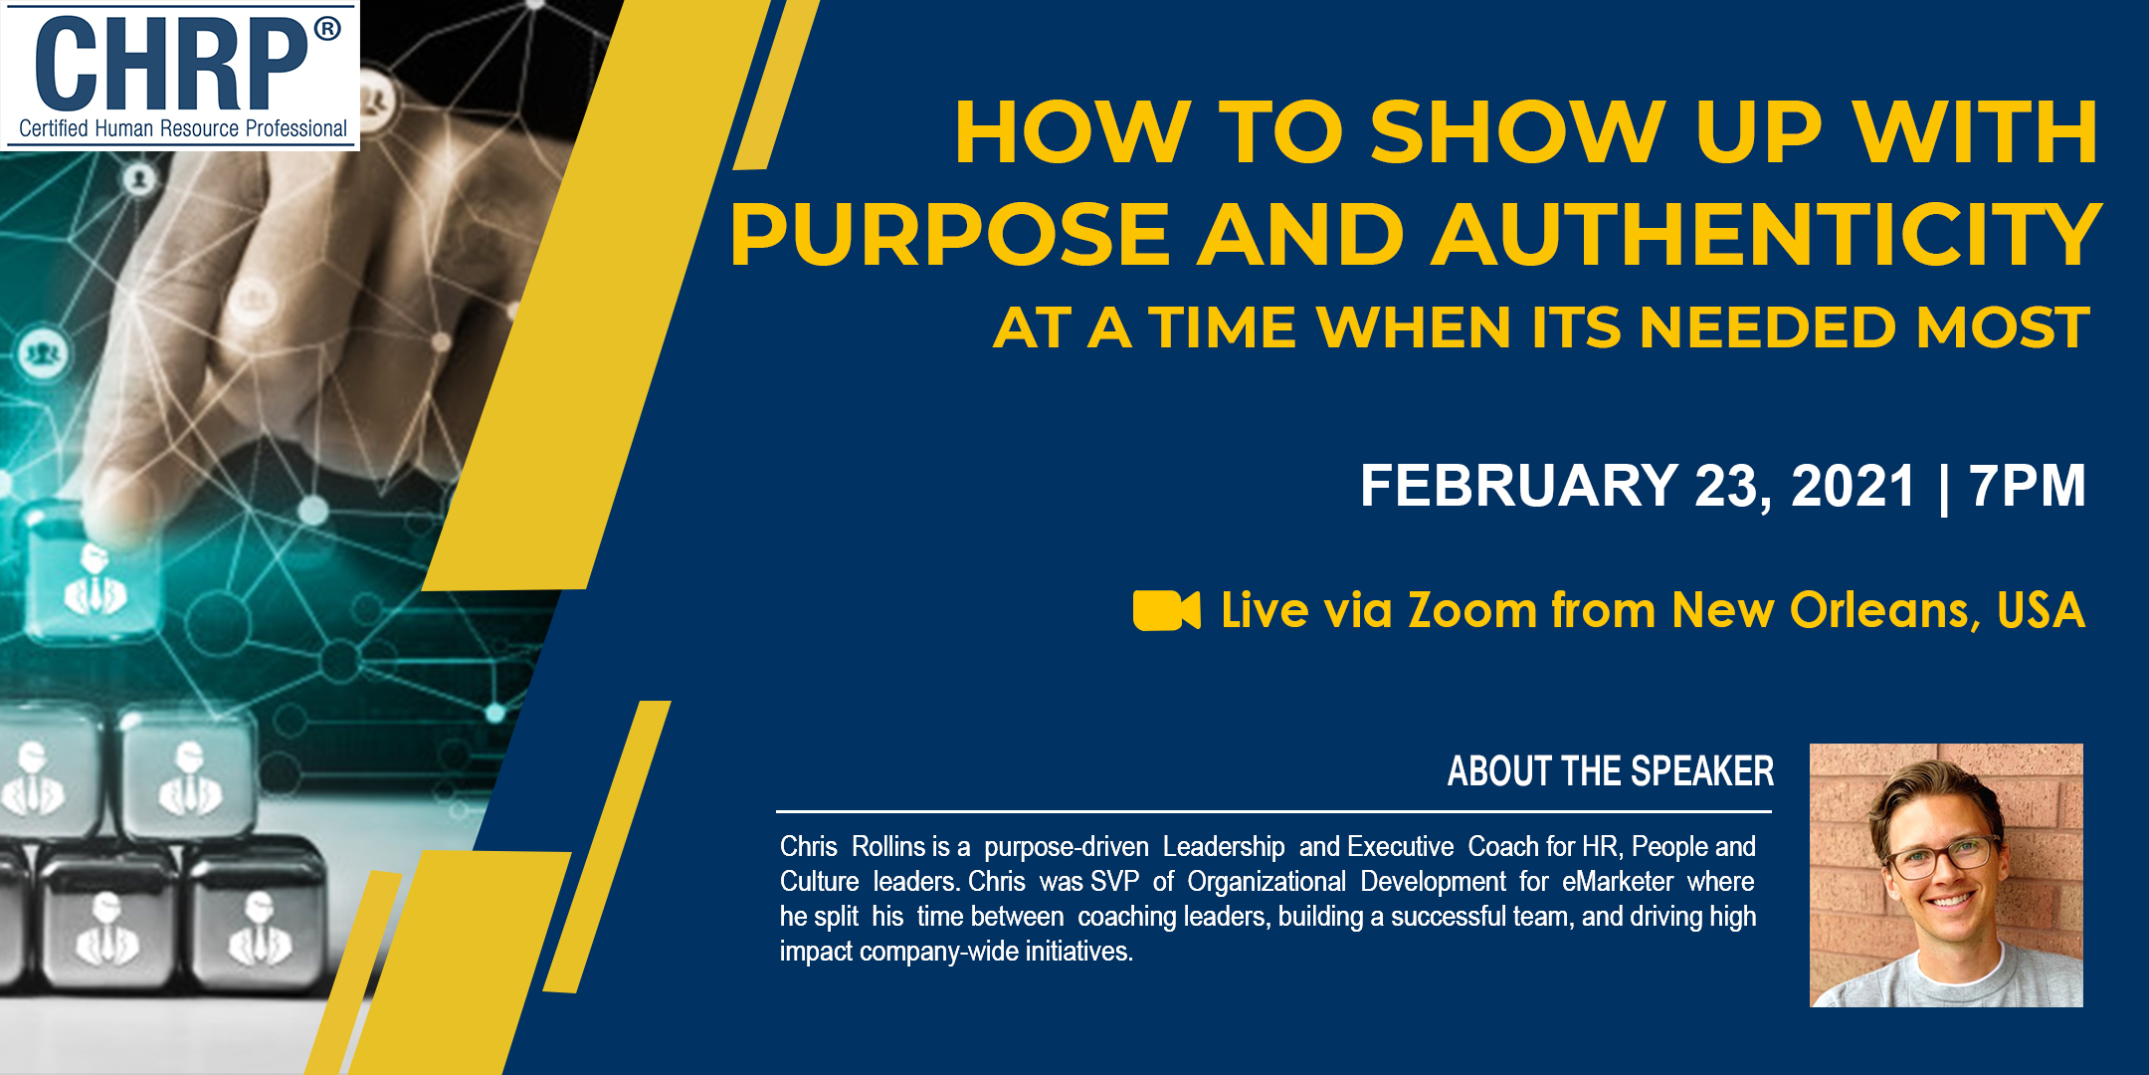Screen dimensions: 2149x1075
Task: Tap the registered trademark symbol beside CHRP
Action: [x=327, y=29]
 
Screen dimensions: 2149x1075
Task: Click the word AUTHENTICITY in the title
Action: [x=1766, y=235]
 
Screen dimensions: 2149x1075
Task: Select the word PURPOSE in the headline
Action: [x=949, y=235]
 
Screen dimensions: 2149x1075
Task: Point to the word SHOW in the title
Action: [x=1517, y=131]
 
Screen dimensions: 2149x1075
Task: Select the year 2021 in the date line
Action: [x=1853, y=485]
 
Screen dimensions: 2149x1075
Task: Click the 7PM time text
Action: [x=2027, y=485]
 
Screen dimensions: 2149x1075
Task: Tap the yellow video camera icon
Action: [x=1166, y=610]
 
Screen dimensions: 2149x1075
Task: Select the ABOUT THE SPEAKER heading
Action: [x=1611, y=771]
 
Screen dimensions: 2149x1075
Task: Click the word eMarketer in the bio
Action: [x=1618, y=882]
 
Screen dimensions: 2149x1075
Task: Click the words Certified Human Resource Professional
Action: [x=183, y=128]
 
